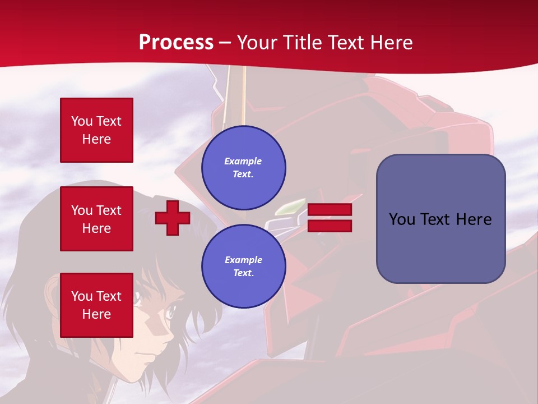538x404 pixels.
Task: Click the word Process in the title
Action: click(176, 43)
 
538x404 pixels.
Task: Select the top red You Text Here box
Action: click(96, 130)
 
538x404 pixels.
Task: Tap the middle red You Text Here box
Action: click(96, 219)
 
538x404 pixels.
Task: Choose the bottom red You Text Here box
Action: click(96, 305)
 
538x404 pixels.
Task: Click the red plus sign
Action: click(173, 218)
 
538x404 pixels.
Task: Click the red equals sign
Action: click(330, 218)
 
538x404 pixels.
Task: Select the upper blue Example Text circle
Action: click(244, 168)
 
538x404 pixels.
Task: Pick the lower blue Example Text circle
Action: click(244, 267)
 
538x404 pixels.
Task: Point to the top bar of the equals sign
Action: click(330, 210)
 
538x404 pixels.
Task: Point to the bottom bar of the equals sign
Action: click(330, 226)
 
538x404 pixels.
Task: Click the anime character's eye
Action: click(168, 309)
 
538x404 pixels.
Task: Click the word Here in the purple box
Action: click(474, 219)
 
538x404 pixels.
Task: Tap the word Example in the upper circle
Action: click(243, 162)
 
